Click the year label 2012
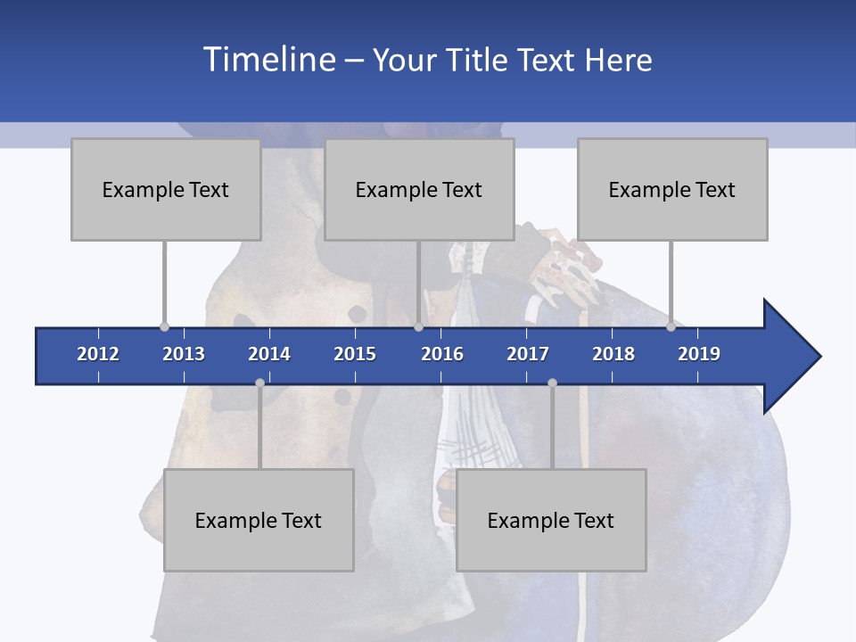pos(98,354)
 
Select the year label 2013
pos(184,354)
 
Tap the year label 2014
pos(269,354)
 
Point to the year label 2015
pos(355,354)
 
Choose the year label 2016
pos(442,354)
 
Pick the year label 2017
pos(528,354)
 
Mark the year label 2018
pos(613,354)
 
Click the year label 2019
pos(699,354)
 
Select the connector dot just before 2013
pos(164,327)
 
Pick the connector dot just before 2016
pos(418,327)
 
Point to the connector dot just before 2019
pos(671,327)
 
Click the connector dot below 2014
pos(259,383)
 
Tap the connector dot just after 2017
pos(552,383)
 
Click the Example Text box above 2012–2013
pos(166,189)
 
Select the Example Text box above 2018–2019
pos(672,189)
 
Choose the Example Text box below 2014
pos(259,520)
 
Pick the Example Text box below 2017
pos(551,520)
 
